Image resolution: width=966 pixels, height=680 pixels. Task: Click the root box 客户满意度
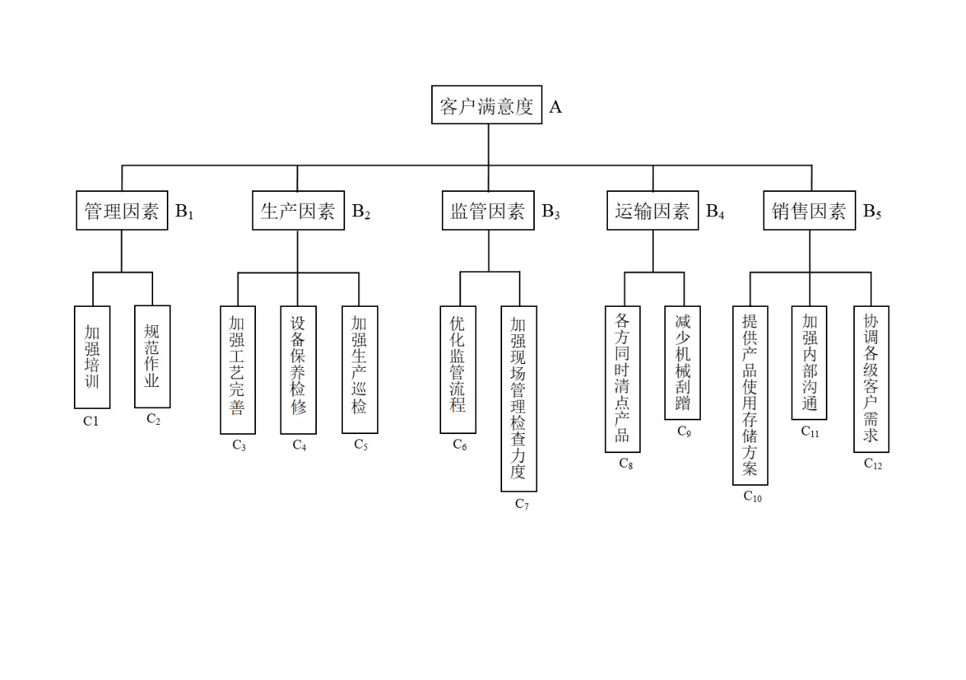(487, 105)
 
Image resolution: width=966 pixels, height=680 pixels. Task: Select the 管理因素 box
(122, 211)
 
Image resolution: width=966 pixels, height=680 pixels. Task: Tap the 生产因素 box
(298, 211)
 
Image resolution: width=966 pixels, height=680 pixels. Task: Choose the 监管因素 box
(488, 211)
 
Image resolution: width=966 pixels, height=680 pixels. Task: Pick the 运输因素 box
(652, 211)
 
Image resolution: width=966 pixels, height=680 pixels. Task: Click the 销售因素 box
(809, 211)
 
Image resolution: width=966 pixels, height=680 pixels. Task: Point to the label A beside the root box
(555, 107)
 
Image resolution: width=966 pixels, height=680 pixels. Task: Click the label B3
(551, 212)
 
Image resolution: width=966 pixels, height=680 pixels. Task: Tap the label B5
(872, 212)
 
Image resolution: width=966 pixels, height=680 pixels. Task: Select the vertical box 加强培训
(92, 356)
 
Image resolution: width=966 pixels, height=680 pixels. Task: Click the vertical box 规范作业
(152, 356)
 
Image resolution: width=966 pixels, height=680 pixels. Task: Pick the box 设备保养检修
(298, 369)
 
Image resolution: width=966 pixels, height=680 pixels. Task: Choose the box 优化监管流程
(457, 369)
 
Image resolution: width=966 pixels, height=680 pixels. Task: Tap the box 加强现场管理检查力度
(518, 398)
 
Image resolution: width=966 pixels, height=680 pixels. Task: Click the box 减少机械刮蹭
(683, 362)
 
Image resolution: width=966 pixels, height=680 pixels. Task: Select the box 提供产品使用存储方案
(750, 395)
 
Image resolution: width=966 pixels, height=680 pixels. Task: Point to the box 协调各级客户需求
(871, 378)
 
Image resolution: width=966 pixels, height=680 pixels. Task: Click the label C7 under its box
(522, 504)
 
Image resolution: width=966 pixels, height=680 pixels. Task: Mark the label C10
(753, 496)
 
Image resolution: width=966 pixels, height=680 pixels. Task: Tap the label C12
(873, 464)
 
